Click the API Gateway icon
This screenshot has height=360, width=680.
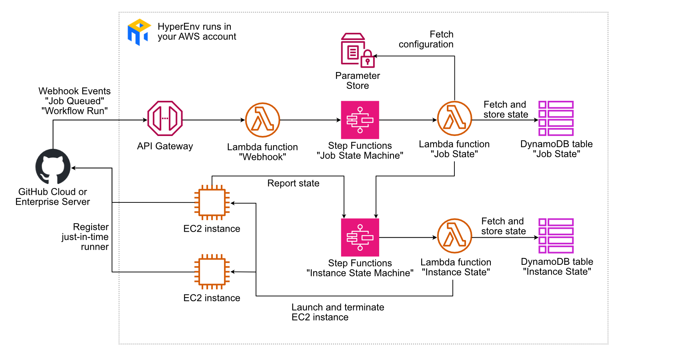[x=165, y=118]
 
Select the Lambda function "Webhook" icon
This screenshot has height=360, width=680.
[x=262, y=120]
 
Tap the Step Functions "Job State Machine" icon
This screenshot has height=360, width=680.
[x=360, y=120]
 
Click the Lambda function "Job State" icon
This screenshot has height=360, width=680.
[x=454, y=118]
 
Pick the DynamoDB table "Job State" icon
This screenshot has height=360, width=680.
[x=556, y=118]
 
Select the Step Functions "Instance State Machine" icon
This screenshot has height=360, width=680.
[x=360, y=237]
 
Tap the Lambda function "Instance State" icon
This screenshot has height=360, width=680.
[x=454, y=236]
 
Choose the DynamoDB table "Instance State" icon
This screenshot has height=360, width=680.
[x=556, y=236]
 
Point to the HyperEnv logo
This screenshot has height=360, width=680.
[x=139, y=32]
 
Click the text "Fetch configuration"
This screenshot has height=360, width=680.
[x=426, y=39]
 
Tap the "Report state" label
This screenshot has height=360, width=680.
[x=293, y=183]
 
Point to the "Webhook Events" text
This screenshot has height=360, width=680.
[x=74, y=91]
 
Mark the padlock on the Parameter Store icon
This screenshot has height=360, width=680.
[x=368, y=60]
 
